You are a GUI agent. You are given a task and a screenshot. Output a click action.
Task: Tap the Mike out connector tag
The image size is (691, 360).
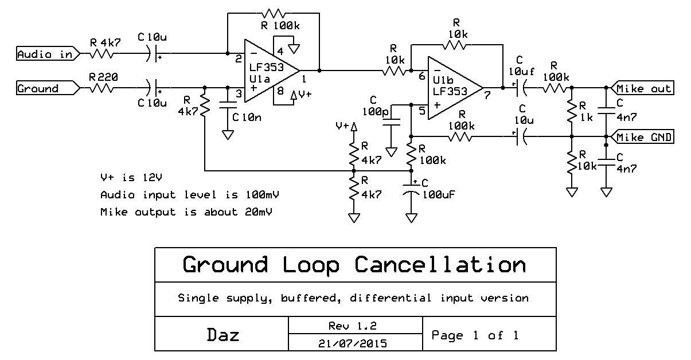click(642, 88)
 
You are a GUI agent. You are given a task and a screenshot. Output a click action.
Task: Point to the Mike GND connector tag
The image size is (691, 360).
click(642, 137)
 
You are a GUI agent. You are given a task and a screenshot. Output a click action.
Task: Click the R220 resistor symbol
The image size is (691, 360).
click(101, 89)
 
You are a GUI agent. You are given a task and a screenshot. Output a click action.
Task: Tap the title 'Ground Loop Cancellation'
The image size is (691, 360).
click(354, 265)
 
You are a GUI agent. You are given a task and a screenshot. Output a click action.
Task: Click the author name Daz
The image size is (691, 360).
click(222, 335)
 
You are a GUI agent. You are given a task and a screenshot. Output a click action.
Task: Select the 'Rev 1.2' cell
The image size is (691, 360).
click(352, 326)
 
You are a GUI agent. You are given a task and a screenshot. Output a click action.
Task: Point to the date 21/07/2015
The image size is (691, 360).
click(352, 344)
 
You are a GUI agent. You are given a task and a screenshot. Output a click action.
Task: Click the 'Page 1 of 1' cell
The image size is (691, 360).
click(475, 335)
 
